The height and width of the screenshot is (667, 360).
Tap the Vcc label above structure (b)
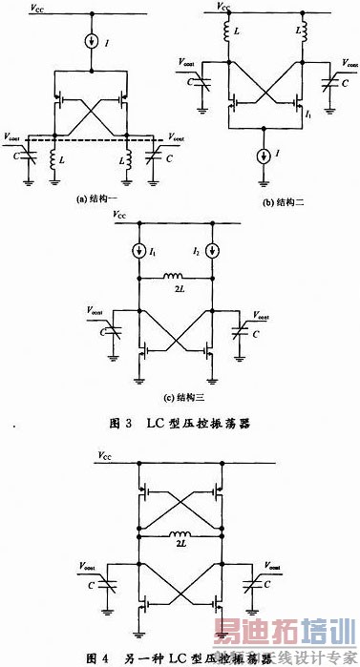(x=225, y=6)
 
